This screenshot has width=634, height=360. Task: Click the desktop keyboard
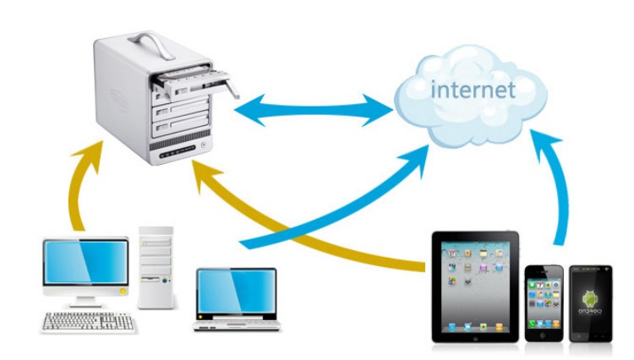pyautogui.click(x=89, y=322)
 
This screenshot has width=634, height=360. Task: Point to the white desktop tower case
pyautogui.click(x=156, y=266)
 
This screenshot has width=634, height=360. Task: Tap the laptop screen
pyautogui.click(x=237, y=292)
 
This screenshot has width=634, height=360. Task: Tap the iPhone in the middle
pyautogui.click(x=544, y=303)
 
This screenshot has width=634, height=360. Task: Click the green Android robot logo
pyautogui.click(x=591, y=297)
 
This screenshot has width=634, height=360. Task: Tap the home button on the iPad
pyautogui.click(x=475, y=334)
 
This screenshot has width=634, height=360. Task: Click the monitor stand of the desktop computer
pyautogui.click(x=85, y=298)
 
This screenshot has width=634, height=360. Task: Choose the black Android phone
pyautogui.click(x=591, y=303)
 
